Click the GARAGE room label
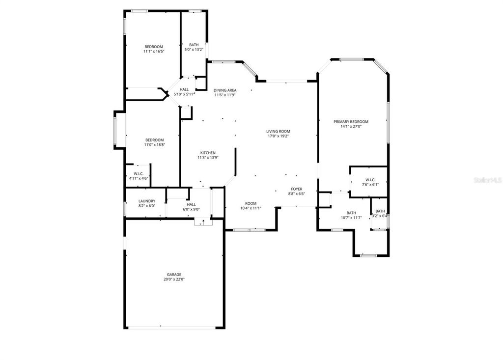[173, 275]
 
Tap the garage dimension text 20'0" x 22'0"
[173, 279]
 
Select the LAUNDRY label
[146, 201]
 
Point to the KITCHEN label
[207, 153]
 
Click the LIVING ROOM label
[278, 131]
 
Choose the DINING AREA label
[225, 90]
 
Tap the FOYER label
[297, 189]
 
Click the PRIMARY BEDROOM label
[351, 122]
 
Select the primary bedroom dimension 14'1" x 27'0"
[351, 127]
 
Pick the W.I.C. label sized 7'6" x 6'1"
[370, 179]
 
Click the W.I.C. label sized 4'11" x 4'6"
[138, 174]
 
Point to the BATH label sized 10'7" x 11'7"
[351, 213]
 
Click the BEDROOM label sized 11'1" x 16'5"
[153, 47]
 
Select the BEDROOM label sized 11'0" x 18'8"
[154, 140]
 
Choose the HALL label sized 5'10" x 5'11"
[184, 89]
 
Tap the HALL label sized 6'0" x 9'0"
[191, 204]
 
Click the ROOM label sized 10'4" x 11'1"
[251, 203]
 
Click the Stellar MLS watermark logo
[487, 180]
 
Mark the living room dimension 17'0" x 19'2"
[278, 136]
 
